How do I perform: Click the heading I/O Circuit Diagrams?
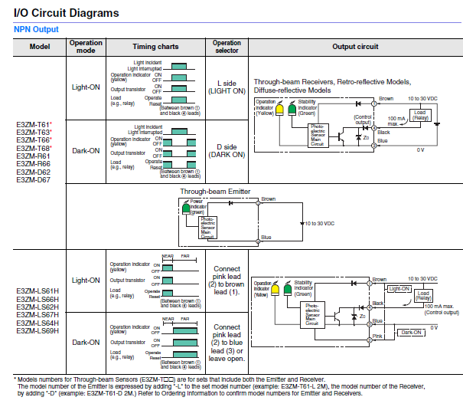coord(66,13)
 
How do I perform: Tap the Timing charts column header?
coord(155,47)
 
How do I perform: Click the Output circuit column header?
coord(355,47)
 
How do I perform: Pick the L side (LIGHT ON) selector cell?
coord(227,87)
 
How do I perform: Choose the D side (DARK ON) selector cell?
coord(227,150)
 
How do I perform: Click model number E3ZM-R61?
coord(34,156)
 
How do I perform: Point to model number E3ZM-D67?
coord(34,180)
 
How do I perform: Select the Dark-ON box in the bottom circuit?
coord(412,332)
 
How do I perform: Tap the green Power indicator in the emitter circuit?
coord(185,208)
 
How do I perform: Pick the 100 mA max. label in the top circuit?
coord(396,120)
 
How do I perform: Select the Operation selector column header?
coord(227,47)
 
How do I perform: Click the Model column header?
coord(40,47)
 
